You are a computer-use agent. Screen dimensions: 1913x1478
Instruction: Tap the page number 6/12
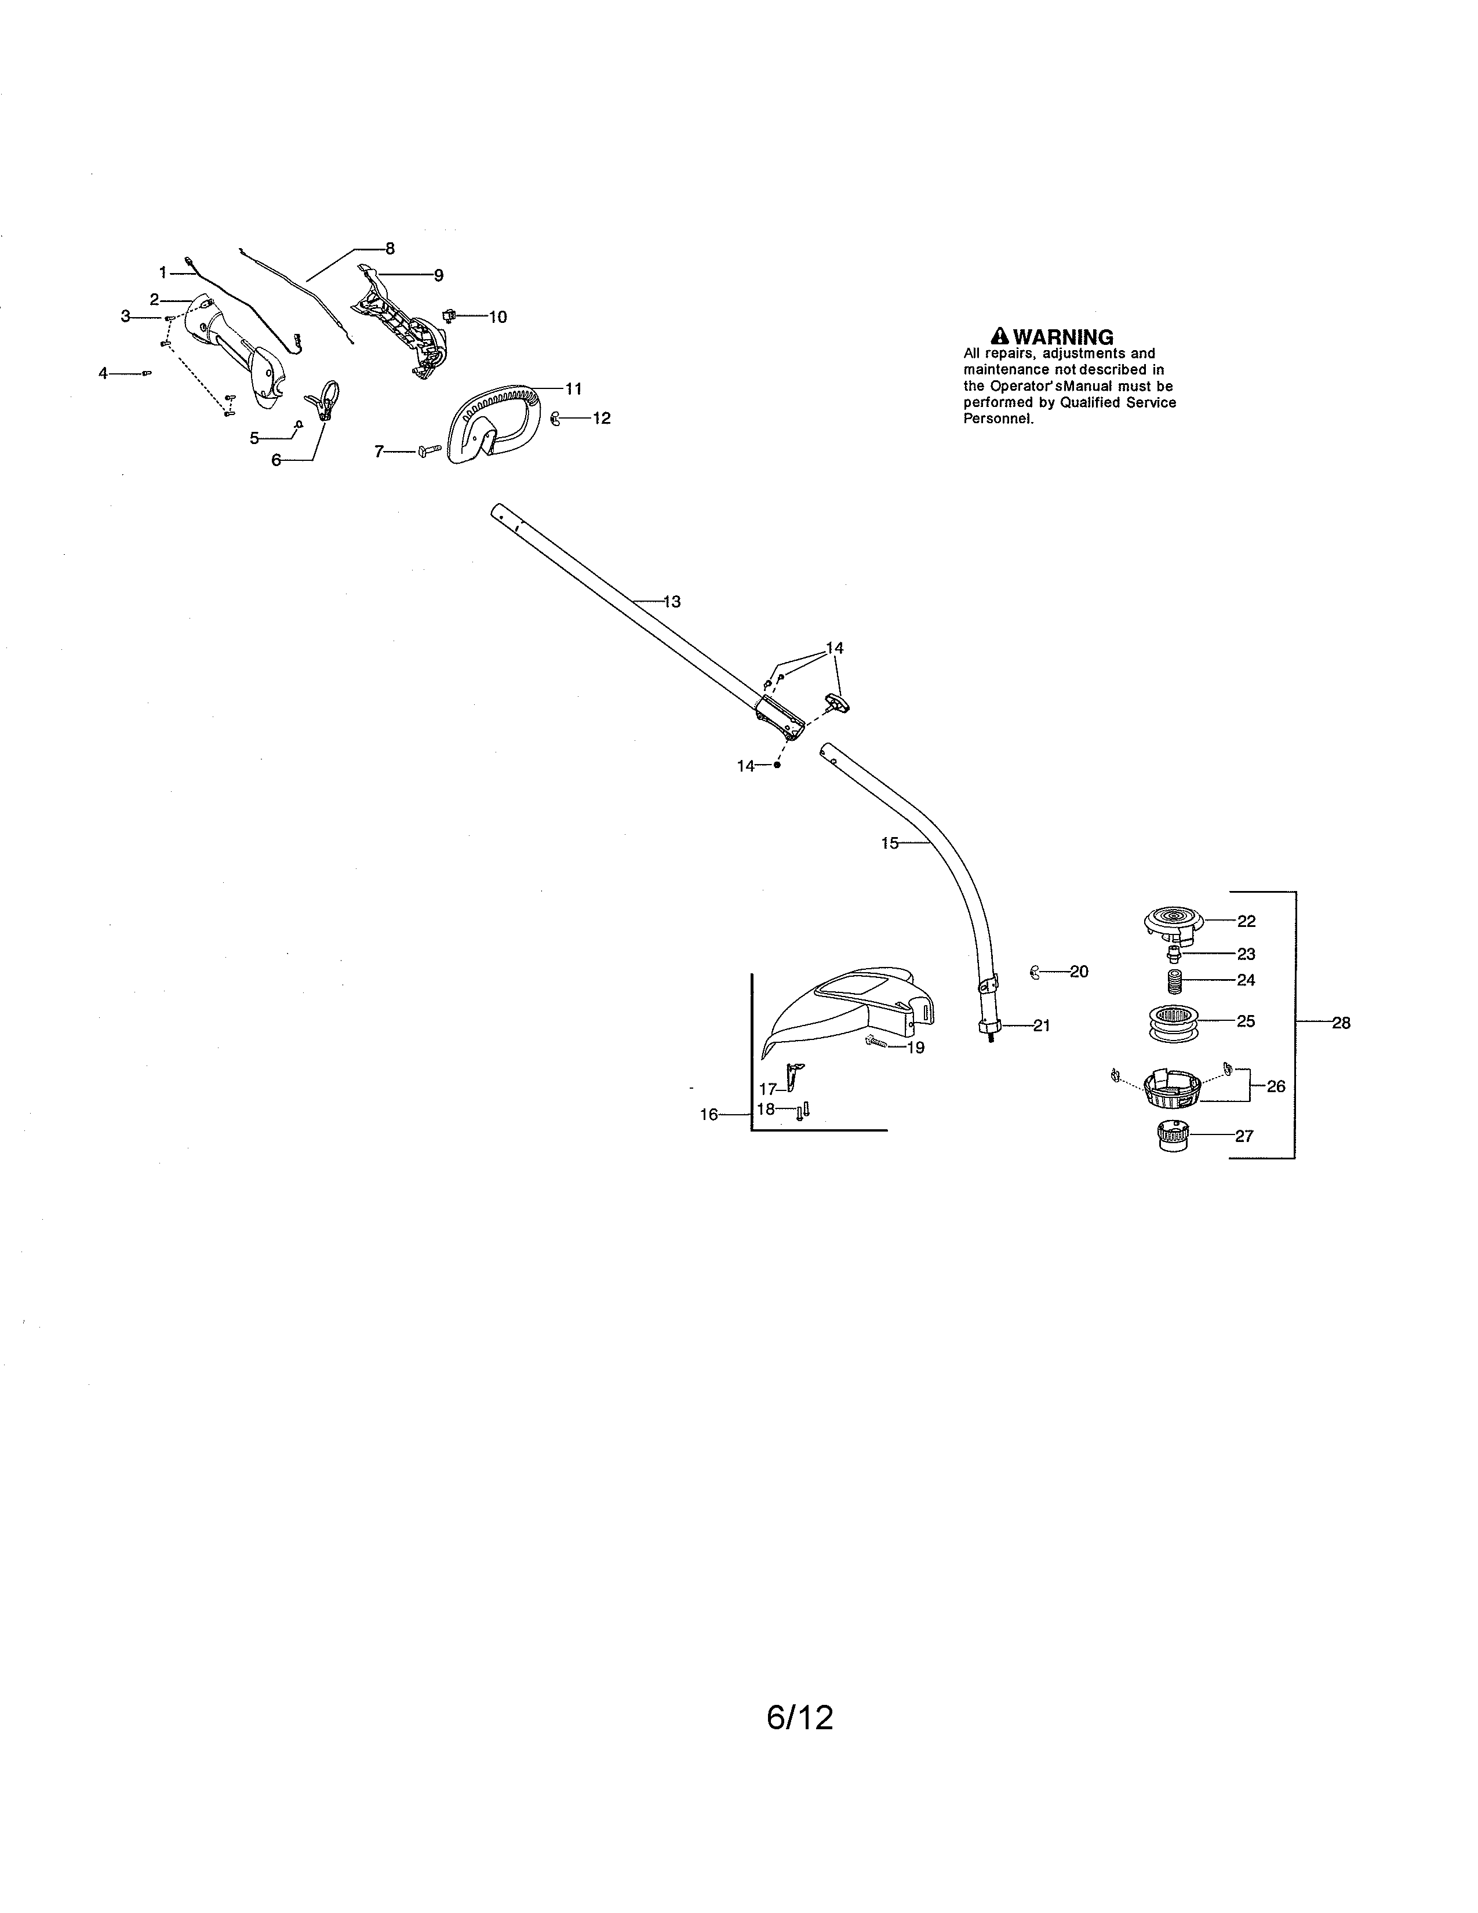(799, 1718)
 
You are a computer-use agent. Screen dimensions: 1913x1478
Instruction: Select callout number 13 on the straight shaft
(672, 602)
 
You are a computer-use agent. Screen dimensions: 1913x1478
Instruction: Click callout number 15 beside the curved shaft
(890, 843)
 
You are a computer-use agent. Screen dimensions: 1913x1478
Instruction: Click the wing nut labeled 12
(555, 419)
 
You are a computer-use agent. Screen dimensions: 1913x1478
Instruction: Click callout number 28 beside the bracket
(1341, 1022)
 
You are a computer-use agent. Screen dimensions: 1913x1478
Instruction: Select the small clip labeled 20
(1035, 972)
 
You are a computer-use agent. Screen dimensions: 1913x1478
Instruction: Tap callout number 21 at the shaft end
(1041, 1025)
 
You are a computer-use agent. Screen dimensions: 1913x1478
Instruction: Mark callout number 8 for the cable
(389, 248)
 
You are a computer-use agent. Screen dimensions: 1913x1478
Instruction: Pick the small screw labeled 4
(146, 373)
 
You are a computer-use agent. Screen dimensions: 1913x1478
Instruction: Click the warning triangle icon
(999, 336)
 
